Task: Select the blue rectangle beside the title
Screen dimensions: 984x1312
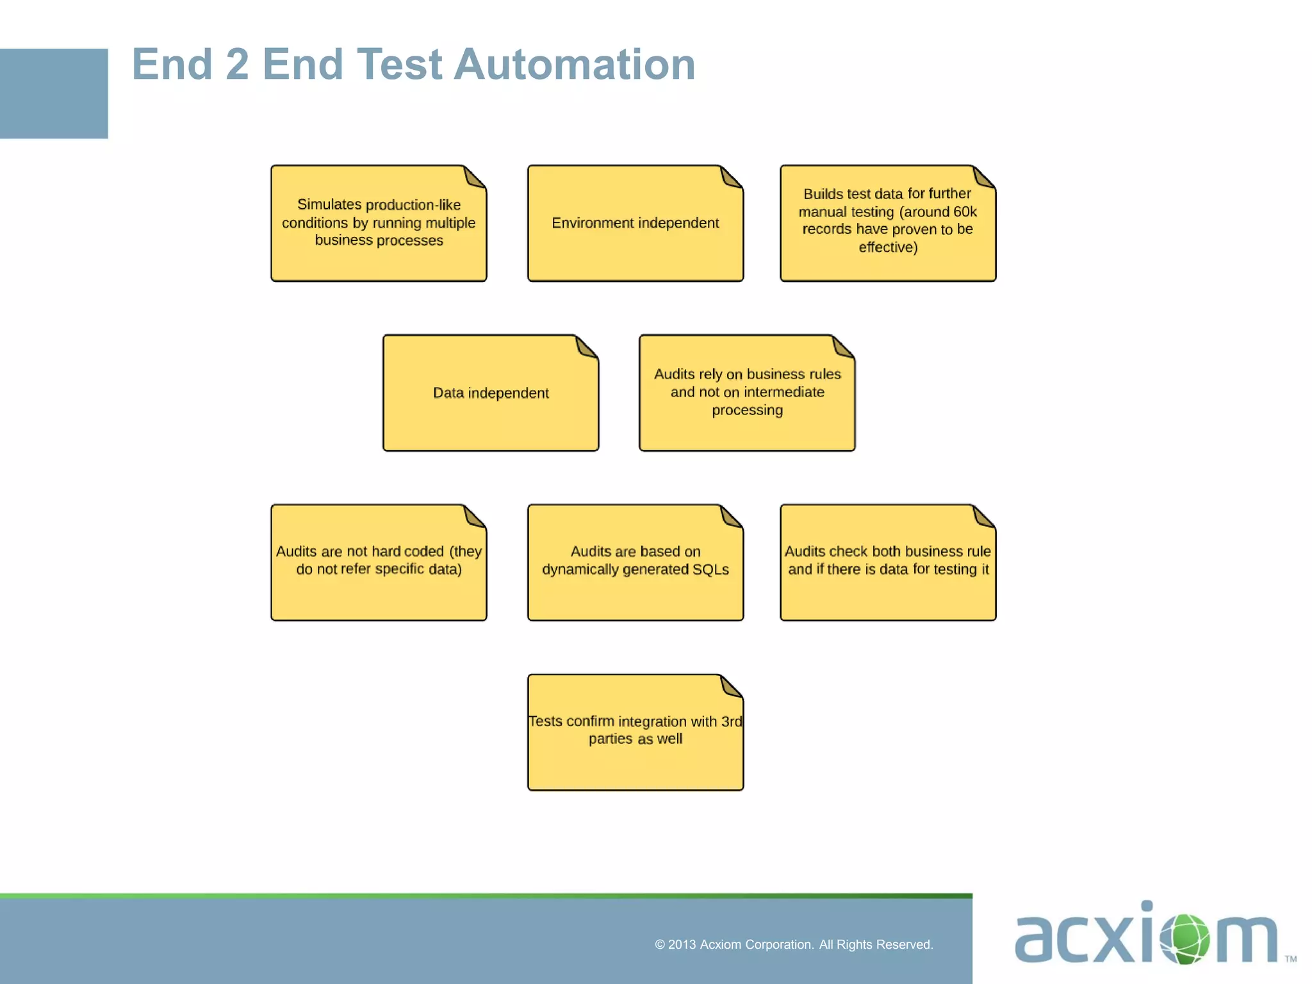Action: point(54,94)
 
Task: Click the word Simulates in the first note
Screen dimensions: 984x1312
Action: point(320,205)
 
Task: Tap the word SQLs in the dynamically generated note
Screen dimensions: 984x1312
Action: point(710,570)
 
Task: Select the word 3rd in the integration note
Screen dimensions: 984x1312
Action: point(731,721)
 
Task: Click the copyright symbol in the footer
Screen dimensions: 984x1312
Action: point(660,945)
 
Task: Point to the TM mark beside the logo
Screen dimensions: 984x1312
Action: point(1290,959)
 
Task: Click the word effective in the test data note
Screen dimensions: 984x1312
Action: point(888,247)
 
